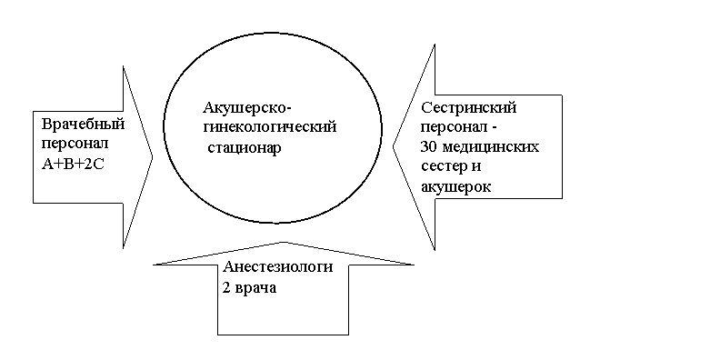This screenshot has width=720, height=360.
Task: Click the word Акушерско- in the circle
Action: [247, 109]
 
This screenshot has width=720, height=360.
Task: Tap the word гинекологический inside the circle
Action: [269, 126]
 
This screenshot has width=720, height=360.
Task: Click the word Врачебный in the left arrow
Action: [83, 125]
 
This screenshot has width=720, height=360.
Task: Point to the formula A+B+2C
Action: [73, 164]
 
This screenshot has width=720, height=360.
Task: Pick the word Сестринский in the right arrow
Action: [469, 108]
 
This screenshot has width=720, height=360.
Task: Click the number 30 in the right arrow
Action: [429, 148]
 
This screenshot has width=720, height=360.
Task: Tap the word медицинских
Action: [490, 148]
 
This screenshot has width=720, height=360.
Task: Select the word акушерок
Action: [455, 187]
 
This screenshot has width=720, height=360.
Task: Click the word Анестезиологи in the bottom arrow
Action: [278, 266]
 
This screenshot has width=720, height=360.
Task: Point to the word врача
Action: [256, 288]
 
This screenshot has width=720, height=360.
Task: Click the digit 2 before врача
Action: [227, 287]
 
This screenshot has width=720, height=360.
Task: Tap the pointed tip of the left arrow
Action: [153, 157]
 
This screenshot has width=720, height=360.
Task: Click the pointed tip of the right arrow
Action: [393, 147]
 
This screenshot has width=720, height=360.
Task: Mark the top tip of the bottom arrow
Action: [284, 242]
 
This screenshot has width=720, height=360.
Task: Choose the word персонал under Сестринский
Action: [455, 128]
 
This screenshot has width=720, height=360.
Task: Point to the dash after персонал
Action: [494, 129]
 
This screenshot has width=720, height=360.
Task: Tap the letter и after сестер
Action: [475, 167]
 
